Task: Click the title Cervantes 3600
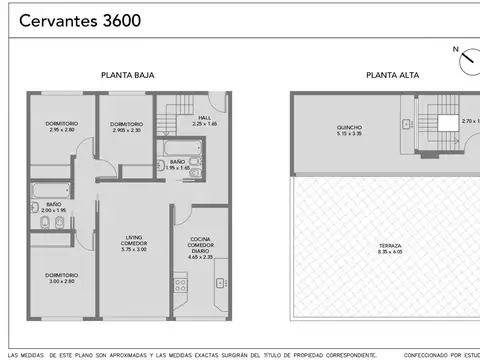(79, 20)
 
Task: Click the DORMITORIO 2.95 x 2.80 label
(63, 126)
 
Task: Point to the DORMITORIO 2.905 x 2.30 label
(126, 127)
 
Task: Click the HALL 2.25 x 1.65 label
(205, 120)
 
